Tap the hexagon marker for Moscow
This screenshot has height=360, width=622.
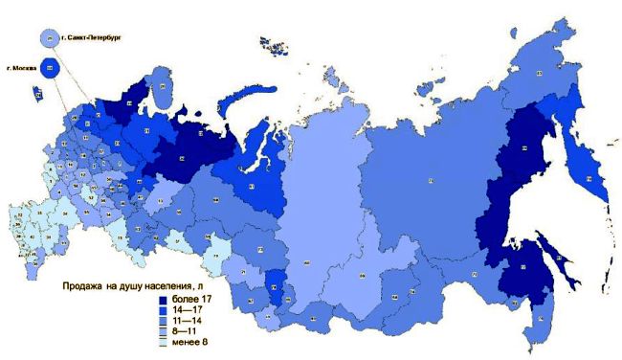pyautogui.click(x=50, y=68)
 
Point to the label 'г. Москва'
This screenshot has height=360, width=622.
pyautogui.click(x=20, y=68)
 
